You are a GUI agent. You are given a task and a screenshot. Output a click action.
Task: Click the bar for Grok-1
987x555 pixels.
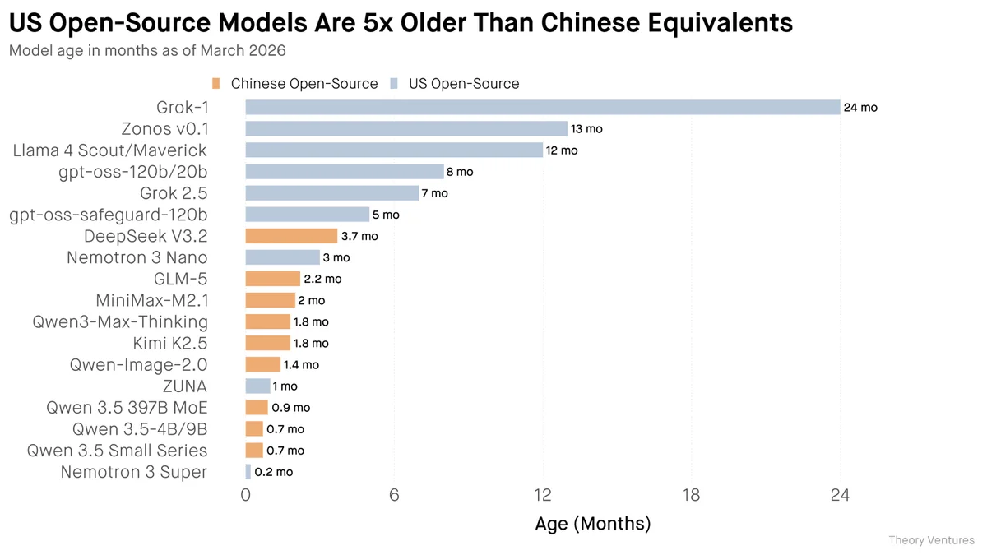pyautogui.click(x=543, y=108)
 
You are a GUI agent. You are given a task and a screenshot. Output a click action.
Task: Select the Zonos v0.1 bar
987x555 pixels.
pyautogui.click(x=406, y=129)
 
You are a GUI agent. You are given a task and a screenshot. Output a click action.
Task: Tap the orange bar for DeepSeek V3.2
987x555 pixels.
pyautogui.click(x=291, y=236)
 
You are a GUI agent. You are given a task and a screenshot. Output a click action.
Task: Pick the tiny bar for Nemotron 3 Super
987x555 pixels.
pyautogui.click(x=248, y=472)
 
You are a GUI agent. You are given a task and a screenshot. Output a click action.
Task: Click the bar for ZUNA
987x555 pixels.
pyautogui.click(x=257, y=386)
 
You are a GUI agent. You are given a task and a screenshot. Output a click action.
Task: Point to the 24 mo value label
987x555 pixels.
pyautogui.click(x=860, y=108)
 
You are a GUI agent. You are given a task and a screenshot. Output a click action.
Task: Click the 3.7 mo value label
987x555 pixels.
pyautogui.click(x=359, y=236)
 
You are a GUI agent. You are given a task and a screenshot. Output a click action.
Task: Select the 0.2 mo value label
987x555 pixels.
pyautogui.click(x=274, y=472)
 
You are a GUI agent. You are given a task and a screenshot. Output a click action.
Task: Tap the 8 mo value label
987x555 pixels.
pyautogui.click(x=460, y=172)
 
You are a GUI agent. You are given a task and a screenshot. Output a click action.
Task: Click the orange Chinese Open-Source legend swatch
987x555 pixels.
pyautogui.click(x=216, y=84)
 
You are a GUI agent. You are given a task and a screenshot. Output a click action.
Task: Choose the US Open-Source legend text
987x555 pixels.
pyautogui.click(x=464, y=84)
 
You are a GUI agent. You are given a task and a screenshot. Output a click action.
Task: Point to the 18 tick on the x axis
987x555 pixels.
pyautogui.click(x=691, y=495)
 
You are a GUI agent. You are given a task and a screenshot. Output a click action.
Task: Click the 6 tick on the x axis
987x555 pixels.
pyautogui.click(x=394, y=495)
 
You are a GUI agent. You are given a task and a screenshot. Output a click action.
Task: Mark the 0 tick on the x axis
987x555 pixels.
pyautogui.click(x=245, y=495)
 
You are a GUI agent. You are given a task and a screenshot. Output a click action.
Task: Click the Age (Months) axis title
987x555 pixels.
pyautogui.click(x=592, y=524)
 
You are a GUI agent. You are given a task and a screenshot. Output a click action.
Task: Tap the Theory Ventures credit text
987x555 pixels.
pyautogui.click(x=931, y=540)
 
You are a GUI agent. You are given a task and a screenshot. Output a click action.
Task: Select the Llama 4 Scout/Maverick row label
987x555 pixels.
pyautogui.click(x=109, y=150)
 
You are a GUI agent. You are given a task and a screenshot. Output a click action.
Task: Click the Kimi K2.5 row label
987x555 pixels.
pyautogui.click(x=170, y=343)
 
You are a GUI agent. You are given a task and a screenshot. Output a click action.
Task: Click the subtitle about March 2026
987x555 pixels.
pyautogui.click(x=147, y=51)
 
